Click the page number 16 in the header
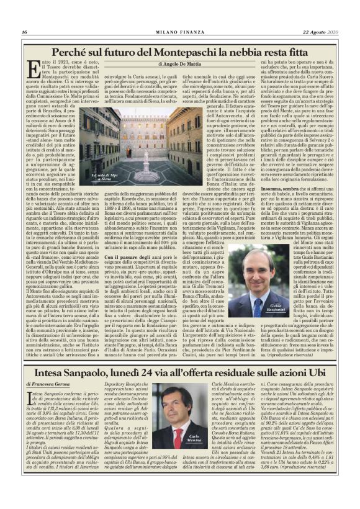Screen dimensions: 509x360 click(24, 32)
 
